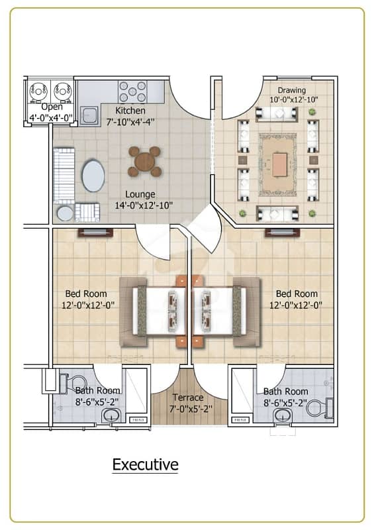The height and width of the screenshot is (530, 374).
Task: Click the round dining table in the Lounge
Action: click(144, 161)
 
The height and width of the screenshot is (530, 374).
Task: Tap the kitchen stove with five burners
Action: click(132, 91)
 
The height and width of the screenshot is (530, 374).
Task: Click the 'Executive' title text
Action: click(145, 464)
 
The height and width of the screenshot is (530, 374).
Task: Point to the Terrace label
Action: click(188, 397)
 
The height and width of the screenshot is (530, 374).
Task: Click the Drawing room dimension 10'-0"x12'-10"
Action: click(294, 100)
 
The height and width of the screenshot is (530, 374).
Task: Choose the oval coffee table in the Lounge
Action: click(93, 176)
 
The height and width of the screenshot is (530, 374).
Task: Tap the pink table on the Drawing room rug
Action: click(280, 164)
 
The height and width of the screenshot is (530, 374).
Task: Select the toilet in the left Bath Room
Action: click(73, 384)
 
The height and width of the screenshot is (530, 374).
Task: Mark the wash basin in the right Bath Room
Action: click(283, 415)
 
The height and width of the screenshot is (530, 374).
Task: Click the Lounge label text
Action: click(140, 194)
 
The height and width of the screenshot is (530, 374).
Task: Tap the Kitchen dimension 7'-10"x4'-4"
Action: click(130, 122)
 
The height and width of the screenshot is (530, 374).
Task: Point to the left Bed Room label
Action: click(86, 293)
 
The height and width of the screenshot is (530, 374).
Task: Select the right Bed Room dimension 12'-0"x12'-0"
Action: click(296, 305)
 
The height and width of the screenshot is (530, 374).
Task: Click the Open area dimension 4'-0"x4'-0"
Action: click(51, 118)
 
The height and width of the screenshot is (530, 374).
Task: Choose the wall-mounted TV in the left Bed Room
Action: click(95, 233)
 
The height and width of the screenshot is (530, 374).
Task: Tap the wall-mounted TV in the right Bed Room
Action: click(282, 233)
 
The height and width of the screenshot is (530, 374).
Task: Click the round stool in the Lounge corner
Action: click(65, 213)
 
